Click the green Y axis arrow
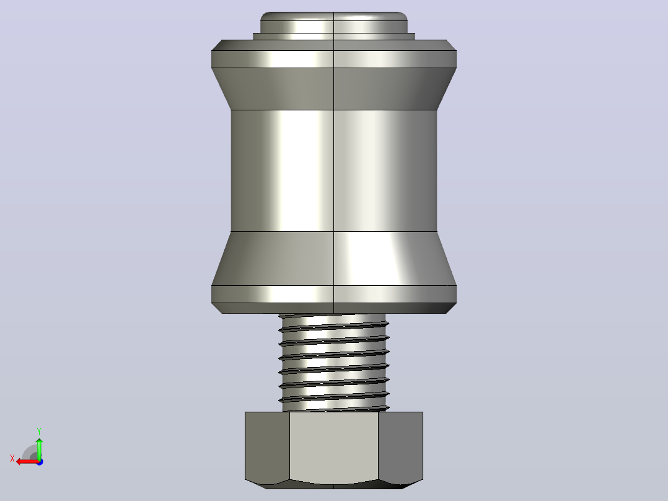(x=39, y=448)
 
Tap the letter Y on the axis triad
(x=39, y=431)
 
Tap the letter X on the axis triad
(x=12, y=458)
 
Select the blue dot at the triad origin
(x=40, y=462)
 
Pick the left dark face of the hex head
(x=267, y=446)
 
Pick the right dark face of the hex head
(x=400, y=446)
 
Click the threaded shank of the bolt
(x=333, y=363)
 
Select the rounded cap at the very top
(x=333, y=22)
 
